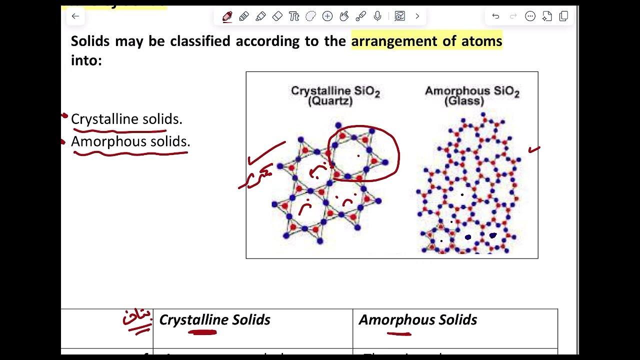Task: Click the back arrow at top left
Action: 75,16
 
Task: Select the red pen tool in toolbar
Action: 227,16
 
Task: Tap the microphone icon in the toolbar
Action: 377,16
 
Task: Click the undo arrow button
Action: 495,16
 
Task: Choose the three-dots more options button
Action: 530,16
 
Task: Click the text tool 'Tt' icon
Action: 294,16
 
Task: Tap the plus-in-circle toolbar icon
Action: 327,16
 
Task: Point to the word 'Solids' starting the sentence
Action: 90,41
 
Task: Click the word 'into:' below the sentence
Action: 86,60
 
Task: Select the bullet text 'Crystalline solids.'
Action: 126,119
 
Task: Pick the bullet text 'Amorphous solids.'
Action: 130,141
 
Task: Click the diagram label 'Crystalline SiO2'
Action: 335,91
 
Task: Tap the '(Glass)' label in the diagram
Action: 464,101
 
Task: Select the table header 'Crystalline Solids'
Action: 214,320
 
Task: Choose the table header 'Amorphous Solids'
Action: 417,320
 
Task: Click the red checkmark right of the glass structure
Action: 534,149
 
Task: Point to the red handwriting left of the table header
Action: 137,320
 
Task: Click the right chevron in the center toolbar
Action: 417,16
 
